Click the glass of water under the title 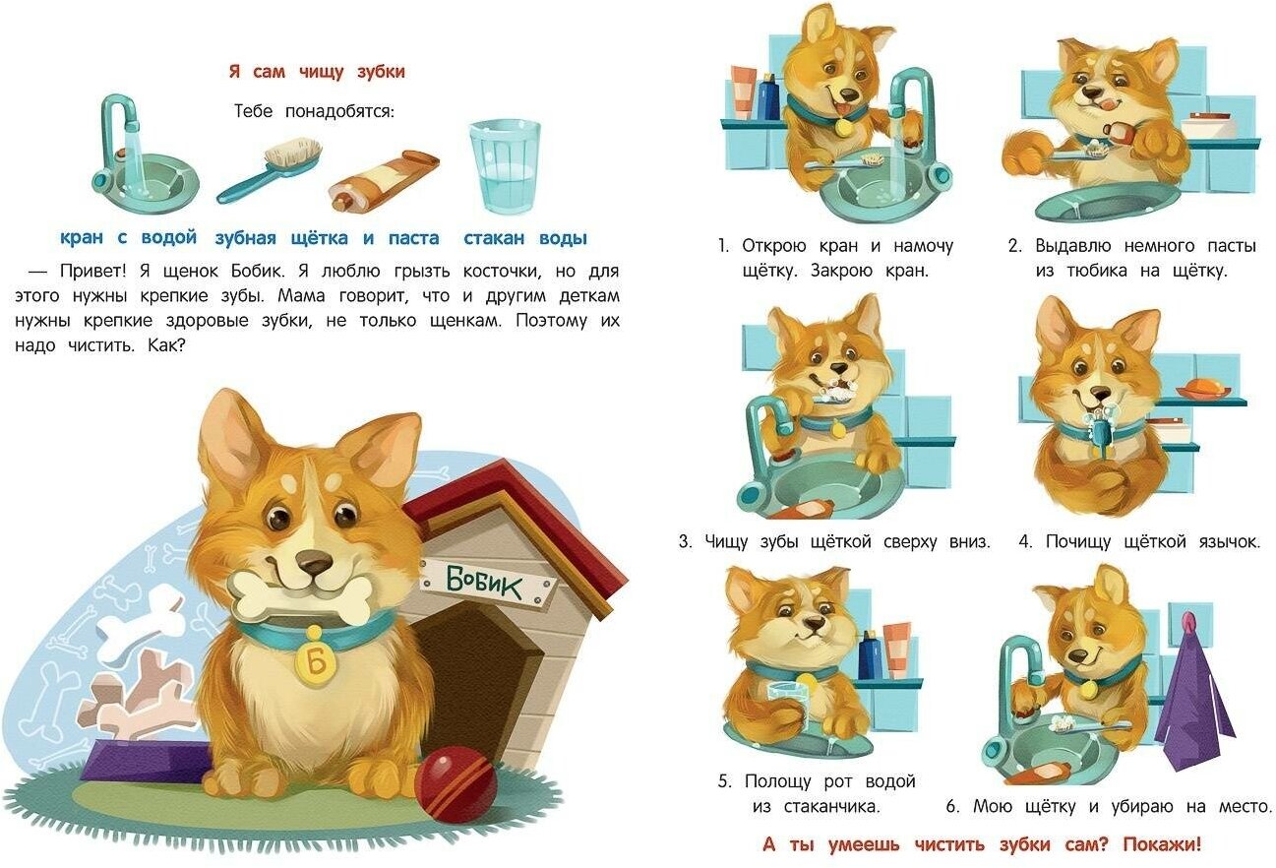[x=505, y=165]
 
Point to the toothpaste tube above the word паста [x=384, y=179]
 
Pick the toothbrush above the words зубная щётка [x=270, y=170]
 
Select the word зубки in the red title [x=381, y=72]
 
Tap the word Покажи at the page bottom [x=1162, y=844]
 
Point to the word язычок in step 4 [x=1229, y=541]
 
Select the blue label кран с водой [x=129, y=237]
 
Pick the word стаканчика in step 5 [x=831, y=806]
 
